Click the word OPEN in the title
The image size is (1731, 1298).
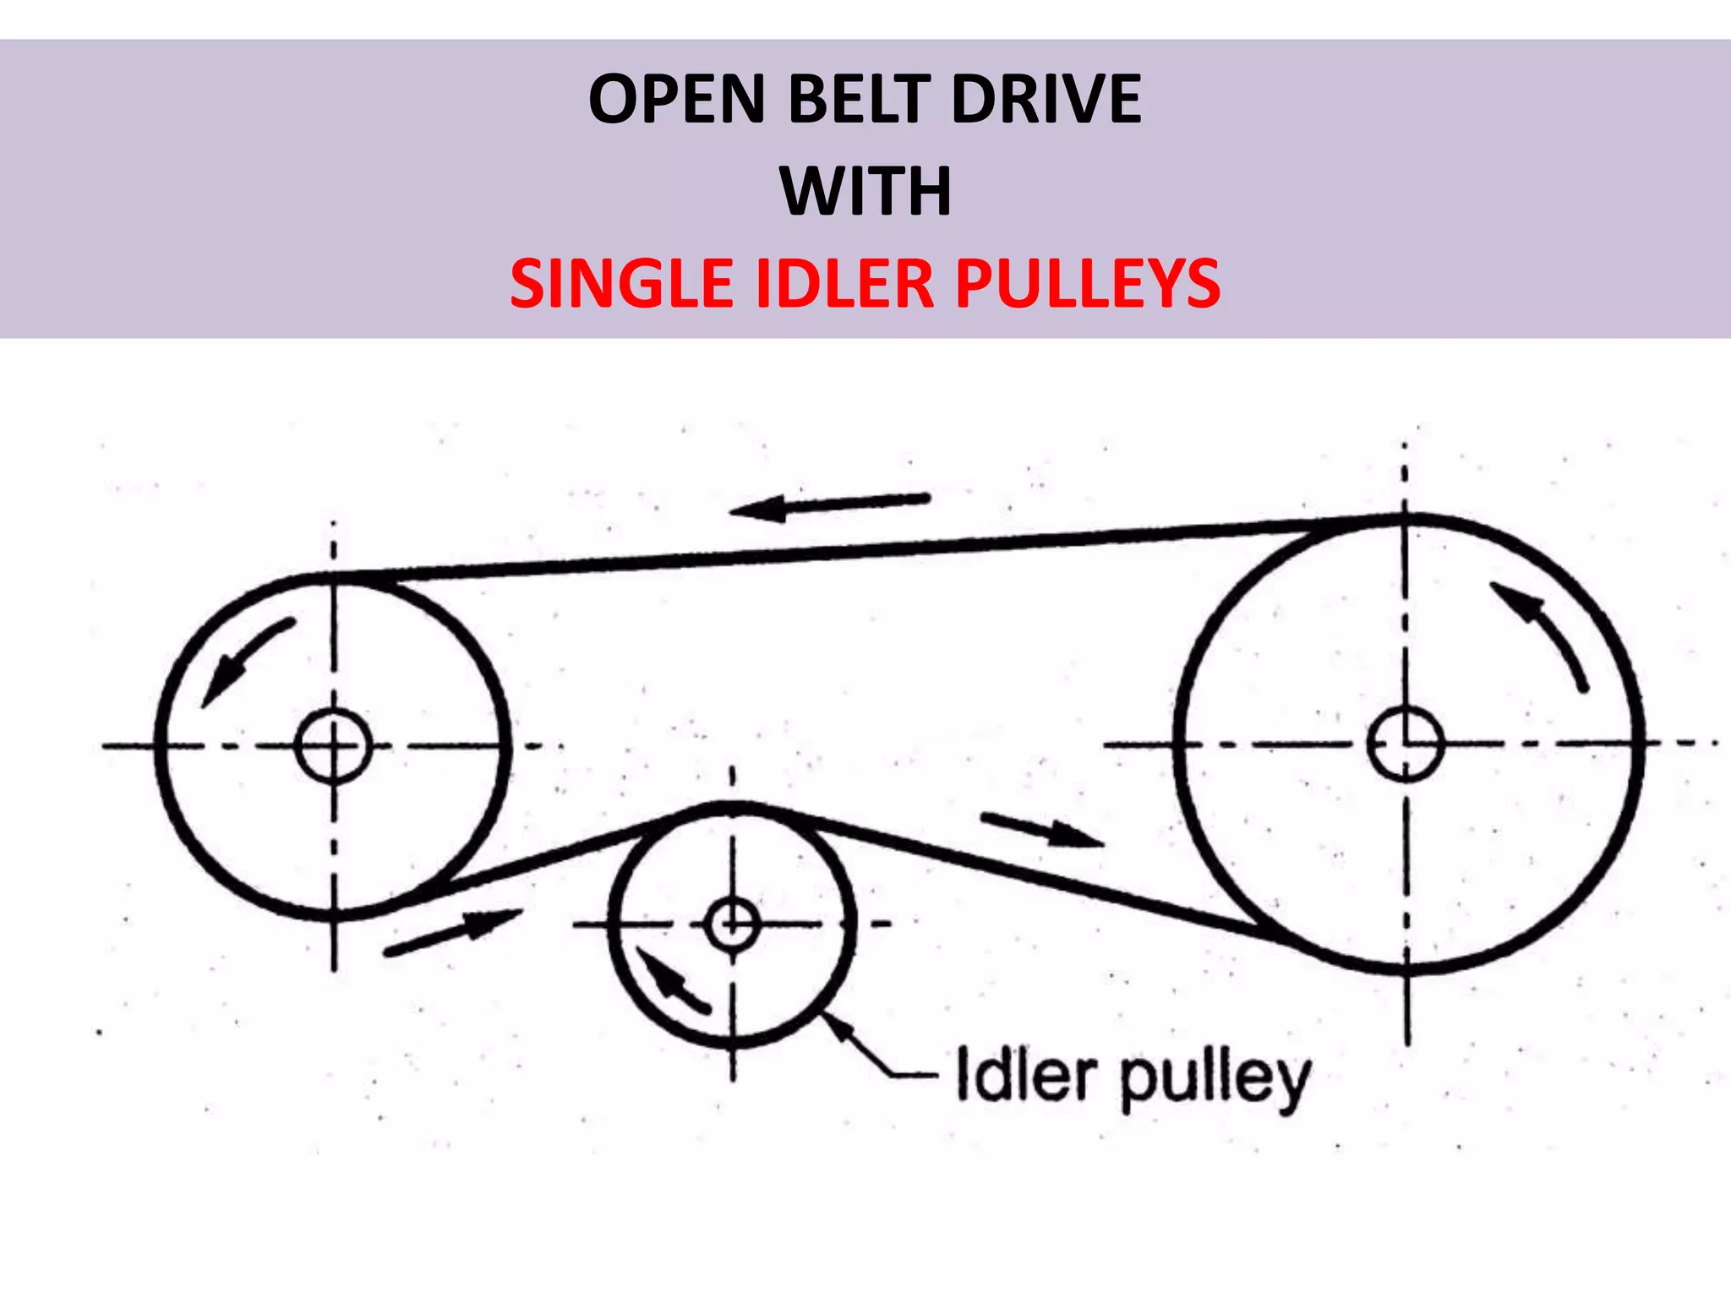point(676,100)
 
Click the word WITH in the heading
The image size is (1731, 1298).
point(865,192)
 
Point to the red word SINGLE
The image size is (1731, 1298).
point(622,283)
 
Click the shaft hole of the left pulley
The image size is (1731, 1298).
point(333,746)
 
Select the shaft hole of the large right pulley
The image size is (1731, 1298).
point(1405,744)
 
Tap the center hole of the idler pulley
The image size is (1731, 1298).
point(732,924)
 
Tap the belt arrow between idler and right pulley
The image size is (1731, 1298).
point(1041,830)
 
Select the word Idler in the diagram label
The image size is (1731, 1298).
point(1024,1077)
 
